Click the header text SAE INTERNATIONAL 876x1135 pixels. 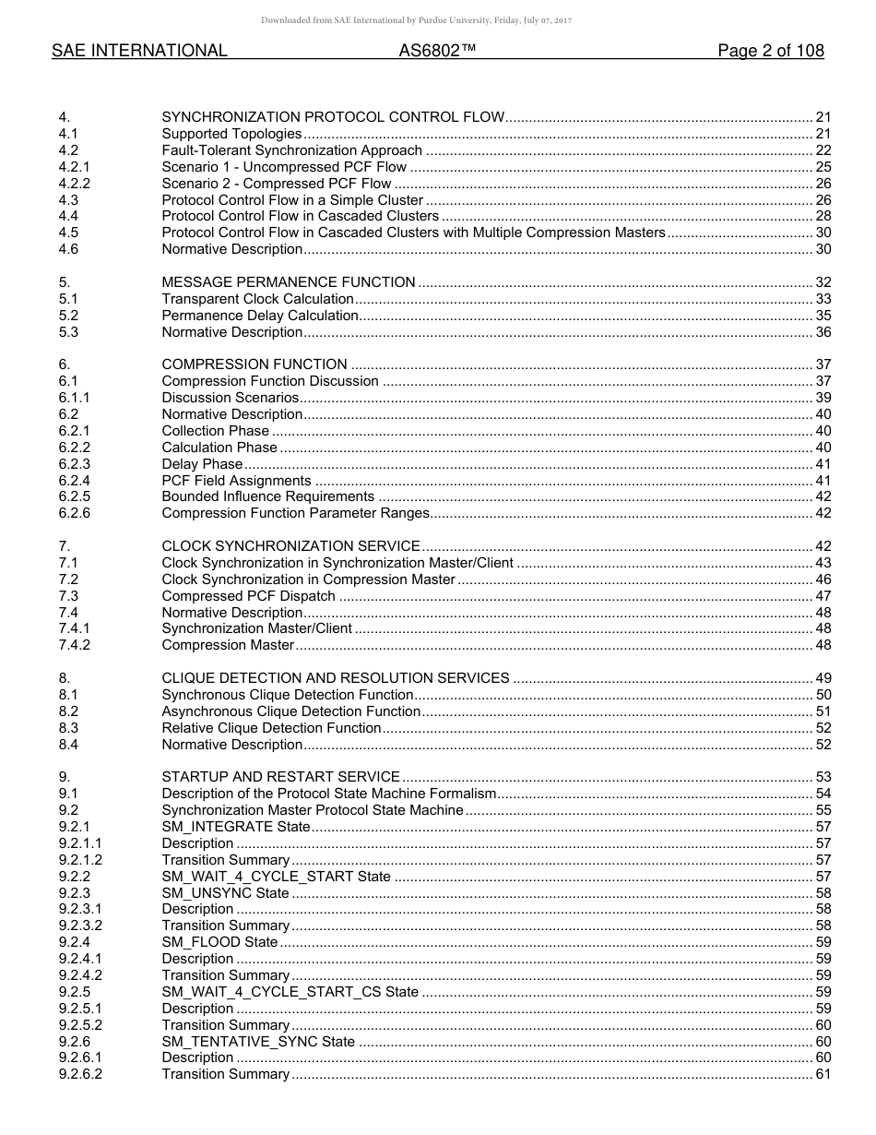pyautogui.click(x=139, y=52)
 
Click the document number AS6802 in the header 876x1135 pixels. pyautogui.click(x=437, y=52)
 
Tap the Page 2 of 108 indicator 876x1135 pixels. pyautogui.click(x=770, y=52)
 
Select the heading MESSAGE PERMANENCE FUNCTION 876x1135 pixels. pyautogui.click(x=288, y=282)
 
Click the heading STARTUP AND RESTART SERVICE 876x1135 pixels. pyautogui.click(x=280, y=777)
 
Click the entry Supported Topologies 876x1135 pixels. pyautogui.click(x=231, y=134)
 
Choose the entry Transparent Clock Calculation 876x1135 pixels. pyautogui.click(x=257, y=299)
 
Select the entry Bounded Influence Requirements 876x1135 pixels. pyautogui.click(x=267, y=496)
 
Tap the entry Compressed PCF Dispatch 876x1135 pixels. pyautogui.click(x=248, y=596)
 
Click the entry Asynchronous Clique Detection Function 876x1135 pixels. pyautogui.click(x=290, y=711)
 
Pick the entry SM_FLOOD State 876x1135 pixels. pyautogui.click(x=219, y=942)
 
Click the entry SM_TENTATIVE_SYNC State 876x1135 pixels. pyautogui.click(x=258, y=1042)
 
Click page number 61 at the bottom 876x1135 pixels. pyautogui.click(x=823, y=1074)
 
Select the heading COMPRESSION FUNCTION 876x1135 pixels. pyautogui.click(x=255, y=364)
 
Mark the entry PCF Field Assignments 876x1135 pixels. pyautogui.click(x=237, y=480)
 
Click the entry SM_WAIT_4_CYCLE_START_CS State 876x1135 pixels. pyautogui.click(x=290, y=992)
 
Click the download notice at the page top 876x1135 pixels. pyautogui.click(x=416, y=20)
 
